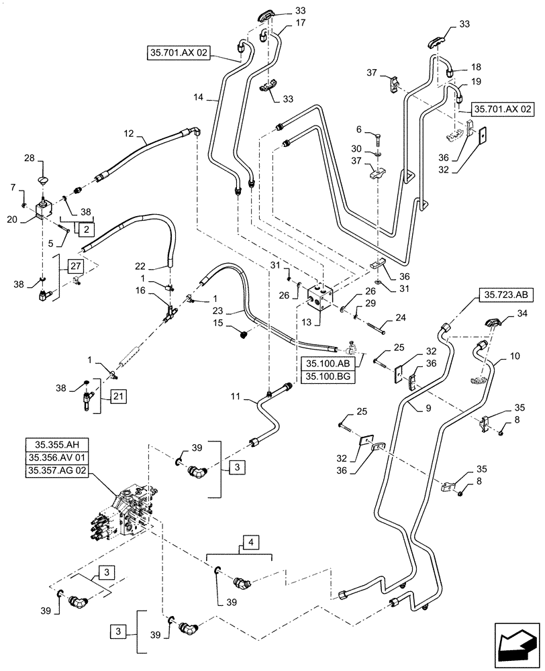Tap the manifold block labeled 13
321,299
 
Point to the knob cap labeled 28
45,180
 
